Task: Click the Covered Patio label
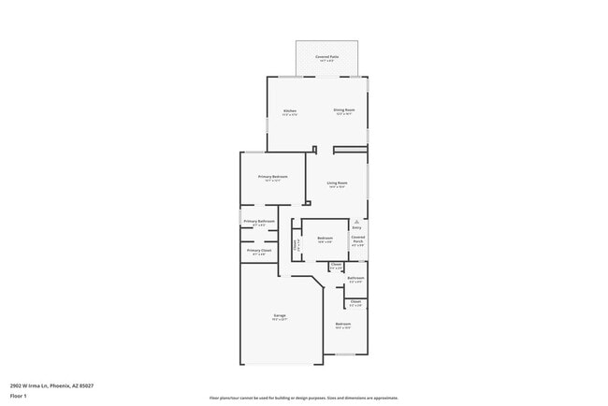coord(326,57)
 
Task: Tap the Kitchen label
coord(290,111)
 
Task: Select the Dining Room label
coord(344,110)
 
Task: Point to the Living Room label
coord(337,182)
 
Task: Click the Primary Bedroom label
coord(272,177)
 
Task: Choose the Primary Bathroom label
coord(259,221)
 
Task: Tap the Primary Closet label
coord(259,251)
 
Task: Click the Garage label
coord(279,315)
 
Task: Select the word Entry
coord(356,227)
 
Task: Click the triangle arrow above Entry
coord(356,221)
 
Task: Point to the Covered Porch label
coord(357,239)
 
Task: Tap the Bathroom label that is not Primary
coord(355,278)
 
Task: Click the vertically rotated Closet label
coord(297,246)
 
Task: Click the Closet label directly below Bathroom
coord(355,301)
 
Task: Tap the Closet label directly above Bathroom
coord(337,265)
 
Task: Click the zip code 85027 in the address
coord(86,385)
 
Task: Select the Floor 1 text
coord(20,396)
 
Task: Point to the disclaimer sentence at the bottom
coord(304,398)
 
